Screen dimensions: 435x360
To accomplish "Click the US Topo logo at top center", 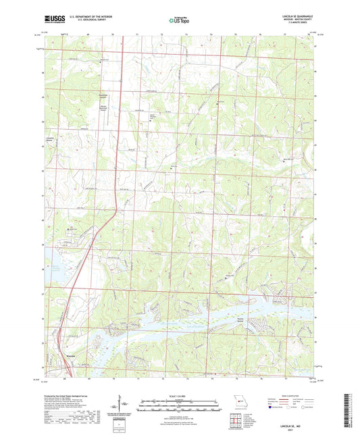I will coord(180,21).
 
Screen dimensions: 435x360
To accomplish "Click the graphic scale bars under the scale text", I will coord(180,405).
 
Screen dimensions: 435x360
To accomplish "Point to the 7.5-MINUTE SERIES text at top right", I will coord(297,24).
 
